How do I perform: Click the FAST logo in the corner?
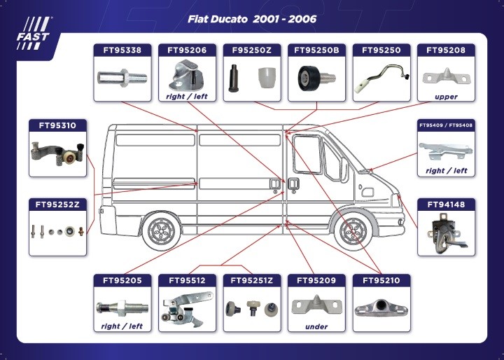34,33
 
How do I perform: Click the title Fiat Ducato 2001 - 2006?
252,19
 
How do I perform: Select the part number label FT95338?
122,50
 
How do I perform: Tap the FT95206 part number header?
187,50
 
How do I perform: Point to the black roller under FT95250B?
308,78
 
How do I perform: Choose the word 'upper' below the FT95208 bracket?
446,97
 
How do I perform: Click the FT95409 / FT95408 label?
446,125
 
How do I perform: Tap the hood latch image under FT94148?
446,233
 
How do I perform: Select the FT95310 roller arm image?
58,153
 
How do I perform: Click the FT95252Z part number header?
57,205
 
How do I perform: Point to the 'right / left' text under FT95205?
122,326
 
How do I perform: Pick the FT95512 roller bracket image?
186,308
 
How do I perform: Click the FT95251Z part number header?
252,281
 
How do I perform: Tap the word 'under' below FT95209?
316,327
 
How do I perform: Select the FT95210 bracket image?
381,307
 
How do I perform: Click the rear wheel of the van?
161,230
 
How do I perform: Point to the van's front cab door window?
307,154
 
